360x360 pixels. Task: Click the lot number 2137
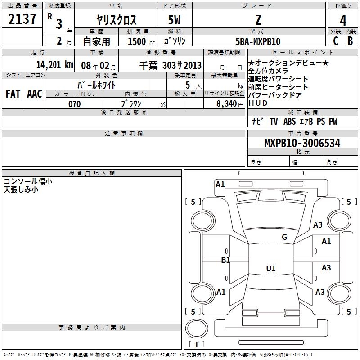22,19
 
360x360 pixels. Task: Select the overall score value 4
343,20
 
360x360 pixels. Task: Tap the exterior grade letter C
336,41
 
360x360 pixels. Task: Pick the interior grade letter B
350,41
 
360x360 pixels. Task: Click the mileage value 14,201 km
55,65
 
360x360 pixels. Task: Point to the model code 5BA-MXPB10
258,41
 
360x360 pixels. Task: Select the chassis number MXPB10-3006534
302,143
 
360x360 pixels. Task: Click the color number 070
75,104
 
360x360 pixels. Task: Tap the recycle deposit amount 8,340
227,103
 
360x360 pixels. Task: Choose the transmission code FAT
13,94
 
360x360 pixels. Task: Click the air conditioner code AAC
35,94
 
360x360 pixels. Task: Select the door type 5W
174,20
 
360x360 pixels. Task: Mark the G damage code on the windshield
284,237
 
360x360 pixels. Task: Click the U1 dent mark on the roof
271,268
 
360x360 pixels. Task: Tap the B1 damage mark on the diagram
225,260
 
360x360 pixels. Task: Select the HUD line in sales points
258,103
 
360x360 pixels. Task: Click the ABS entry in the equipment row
289,121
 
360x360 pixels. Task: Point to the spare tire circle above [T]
197,328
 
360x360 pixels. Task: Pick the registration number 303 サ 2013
182,65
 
